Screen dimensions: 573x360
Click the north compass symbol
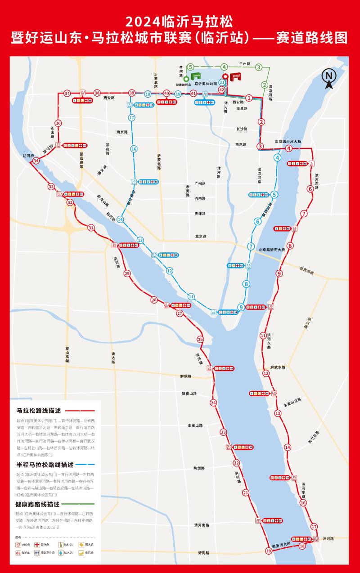point(328,77)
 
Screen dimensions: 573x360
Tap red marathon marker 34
point(36,161)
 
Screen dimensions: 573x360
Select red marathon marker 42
point(221,90)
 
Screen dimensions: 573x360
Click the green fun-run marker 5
point(190,67)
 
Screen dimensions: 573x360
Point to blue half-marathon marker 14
point(120,219)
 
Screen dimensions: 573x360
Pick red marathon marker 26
point(200,340)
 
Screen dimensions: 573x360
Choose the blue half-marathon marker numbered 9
point(241,307)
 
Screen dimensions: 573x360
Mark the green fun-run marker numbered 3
point(258,67)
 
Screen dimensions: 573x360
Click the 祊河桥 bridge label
point(28,156)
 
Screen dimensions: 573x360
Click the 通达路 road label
point(113,358)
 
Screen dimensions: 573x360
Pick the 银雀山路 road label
point(189,394)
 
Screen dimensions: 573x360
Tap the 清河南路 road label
point(202,525)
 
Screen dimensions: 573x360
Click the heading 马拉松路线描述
point(38,411)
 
